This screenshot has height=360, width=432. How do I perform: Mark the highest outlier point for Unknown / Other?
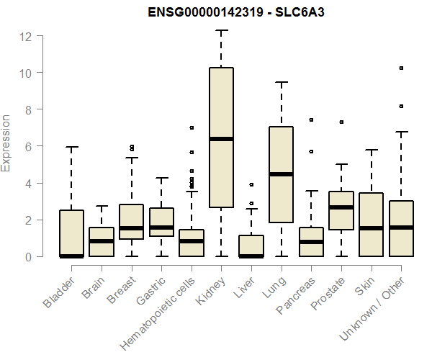402,68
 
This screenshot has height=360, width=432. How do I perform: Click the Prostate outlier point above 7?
341,122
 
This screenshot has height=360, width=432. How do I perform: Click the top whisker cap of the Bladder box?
71,147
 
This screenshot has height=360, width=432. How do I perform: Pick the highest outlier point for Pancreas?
311,120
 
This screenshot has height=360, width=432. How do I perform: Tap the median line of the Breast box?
131,228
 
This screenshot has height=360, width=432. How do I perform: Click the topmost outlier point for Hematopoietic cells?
191,127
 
